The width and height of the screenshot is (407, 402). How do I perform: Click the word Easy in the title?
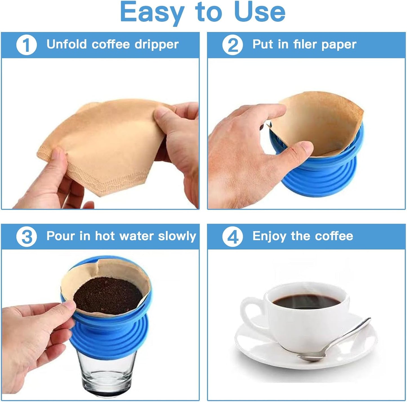point(152,12)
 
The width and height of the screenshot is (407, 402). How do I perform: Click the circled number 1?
point(26,45)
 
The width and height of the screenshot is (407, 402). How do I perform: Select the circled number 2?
point(232,45)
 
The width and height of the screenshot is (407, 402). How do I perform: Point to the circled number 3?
point(26,237)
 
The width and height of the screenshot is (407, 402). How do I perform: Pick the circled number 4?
point(232,237)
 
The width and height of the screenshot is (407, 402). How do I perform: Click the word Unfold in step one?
point(66,44)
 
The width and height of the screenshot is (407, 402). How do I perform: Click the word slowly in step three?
point(177,236)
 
